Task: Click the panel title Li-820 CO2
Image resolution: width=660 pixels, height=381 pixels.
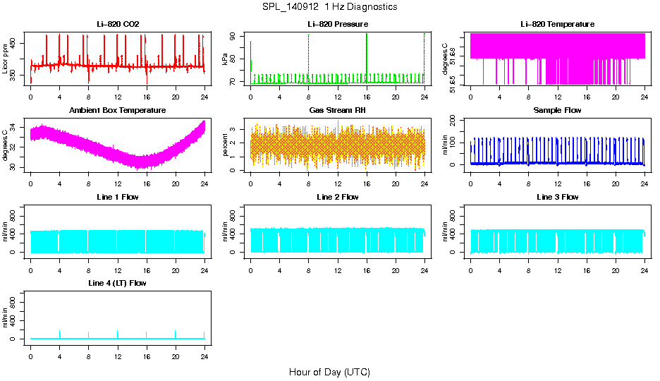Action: point(118,24)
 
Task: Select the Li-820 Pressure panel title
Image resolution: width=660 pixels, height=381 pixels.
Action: point(338,24)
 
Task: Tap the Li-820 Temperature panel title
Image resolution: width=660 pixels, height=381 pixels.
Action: point(557,24)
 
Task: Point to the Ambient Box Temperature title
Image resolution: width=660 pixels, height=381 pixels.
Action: point(118,111)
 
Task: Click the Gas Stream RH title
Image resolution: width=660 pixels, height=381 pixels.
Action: point(338,111)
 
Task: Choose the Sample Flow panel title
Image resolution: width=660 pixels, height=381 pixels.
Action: point(557,111)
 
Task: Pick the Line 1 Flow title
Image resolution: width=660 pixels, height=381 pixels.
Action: point(118,197)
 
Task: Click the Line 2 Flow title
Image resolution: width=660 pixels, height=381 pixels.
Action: point(338,197)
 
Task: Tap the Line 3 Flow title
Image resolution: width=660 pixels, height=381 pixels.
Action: point(557,197)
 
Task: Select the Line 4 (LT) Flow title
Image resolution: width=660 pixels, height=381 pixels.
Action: point(118,283)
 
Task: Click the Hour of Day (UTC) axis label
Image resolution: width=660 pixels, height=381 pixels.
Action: point(329,372)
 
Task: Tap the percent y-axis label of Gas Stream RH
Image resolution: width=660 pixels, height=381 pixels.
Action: point(225,145)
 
